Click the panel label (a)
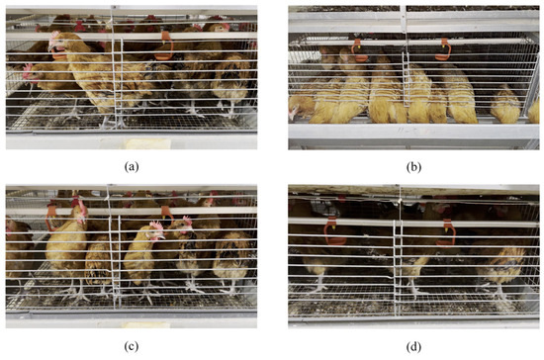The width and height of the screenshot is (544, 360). (x=132, y=167)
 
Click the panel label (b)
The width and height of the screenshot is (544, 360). (x=413, y=167)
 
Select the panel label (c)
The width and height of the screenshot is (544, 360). (x=132, y=346)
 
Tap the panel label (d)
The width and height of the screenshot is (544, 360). (x=413, y=346)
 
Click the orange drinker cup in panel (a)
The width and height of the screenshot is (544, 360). (x=165, y=46)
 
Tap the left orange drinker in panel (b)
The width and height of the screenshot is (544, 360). (x=359, y=50)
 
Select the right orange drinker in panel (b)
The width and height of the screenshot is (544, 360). (x=444, y=49)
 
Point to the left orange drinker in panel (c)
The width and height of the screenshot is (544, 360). (x=51, y=218)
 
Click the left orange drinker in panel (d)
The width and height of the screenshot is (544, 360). (x=334, y=231)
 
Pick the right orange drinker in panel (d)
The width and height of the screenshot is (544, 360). (x=447, y=232)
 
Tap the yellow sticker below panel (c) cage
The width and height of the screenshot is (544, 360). (x=147, y=325)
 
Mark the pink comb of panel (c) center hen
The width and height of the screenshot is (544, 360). (x=156, y=226)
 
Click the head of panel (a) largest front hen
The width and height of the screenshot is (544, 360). (x=55, y=44)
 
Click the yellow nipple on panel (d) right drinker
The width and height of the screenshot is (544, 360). (x=446, y=230)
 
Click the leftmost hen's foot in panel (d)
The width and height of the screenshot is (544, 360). (x=319, y=288)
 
